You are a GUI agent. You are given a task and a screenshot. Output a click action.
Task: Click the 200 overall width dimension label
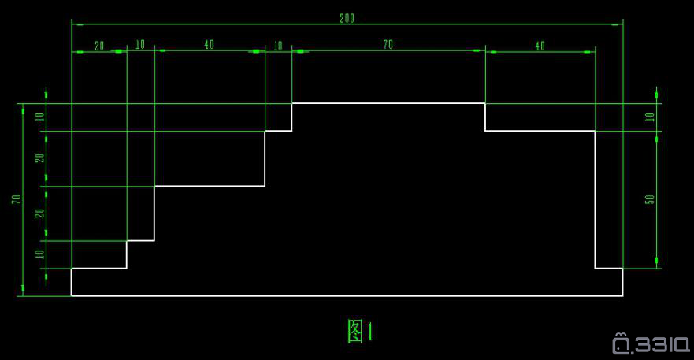[x=347, y=18]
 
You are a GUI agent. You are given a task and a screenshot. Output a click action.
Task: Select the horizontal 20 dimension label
[x=99, y=46]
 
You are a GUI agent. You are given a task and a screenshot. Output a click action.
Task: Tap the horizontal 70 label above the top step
[x=388, y=44]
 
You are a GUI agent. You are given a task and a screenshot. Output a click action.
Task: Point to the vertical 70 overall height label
[x=17, y=199]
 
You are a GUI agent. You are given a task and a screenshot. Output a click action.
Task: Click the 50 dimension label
[x=649, y=199]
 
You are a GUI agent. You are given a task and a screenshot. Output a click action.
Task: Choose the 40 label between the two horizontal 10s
[x=209, y=44]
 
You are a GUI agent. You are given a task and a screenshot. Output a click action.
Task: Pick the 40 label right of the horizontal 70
[x=540, y=46]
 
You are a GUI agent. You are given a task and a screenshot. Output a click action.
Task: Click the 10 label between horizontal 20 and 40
[x=140, y=44]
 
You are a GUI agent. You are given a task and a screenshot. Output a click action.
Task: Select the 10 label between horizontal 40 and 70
[x=277, y=46]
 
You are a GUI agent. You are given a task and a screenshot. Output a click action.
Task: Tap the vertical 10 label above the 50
[x=649, y=117]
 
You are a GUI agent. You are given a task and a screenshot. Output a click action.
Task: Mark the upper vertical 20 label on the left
[x=40, y=158]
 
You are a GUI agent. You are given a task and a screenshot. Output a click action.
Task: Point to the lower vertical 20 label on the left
[x=40, y=213]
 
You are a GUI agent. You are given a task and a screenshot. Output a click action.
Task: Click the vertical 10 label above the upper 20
[x=40, y=117]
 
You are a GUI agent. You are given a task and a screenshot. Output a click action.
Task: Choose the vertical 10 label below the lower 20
[x=40, y=254]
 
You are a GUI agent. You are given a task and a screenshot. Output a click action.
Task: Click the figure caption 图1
[x=360, y=331]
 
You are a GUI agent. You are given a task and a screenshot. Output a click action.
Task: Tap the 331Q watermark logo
[x=651, y=343]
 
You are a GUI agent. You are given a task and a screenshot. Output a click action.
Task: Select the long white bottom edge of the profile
[x=347, y=295]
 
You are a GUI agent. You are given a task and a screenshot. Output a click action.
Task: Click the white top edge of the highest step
[x=388, y=103]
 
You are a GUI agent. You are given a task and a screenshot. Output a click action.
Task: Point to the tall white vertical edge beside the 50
[x=595, y=199]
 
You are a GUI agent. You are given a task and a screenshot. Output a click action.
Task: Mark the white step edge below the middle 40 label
[x=210, y=186]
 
